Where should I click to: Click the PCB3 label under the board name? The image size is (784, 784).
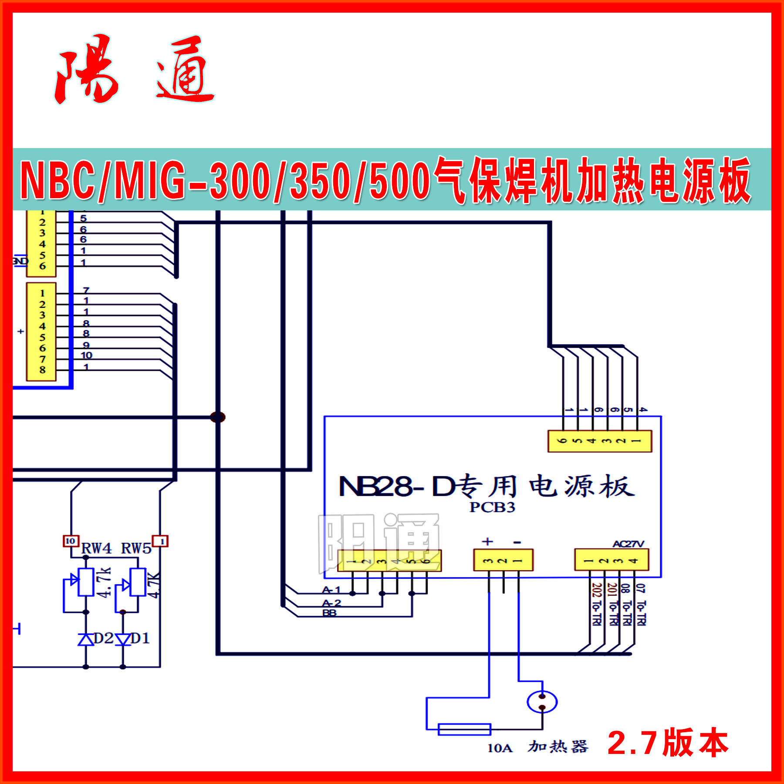click(492, 507)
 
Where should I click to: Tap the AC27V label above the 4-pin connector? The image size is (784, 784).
click(628, 544)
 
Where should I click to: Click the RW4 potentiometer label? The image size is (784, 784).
click(96, 548)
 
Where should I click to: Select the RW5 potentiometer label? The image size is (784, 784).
click(136, 548)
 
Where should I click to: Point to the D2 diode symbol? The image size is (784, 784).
click(86, 639)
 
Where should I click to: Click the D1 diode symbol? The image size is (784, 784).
click(123, 639)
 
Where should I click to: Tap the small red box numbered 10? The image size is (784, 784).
click(71, 541)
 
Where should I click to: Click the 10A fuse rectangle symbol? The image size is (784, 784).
click(464, 729)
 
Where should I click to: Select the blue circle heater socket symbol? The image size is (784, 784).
click(542, 702)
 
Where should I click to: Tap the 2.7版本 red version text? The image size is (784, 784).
click(667, 743)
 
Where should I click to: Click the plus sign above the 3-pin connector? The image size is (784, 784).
click(487, 541)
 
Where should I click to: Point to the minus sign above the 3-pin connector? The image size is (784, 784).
click(517, 542)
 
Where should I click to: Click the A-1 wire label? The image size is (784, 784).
click(331, 590)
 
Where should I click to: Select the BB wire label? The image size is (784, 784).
click(329, 613)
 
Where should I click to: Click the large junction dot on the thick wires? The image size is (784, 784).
click(218, 417)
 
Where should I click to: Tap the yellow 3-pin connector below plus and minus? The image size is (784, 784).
click(503, 561)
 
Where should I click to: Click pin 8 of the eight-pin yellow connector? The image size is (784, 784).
click(42, 370)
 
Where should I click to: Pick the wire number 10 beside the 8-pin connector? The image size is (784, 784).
click(86, 355)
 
